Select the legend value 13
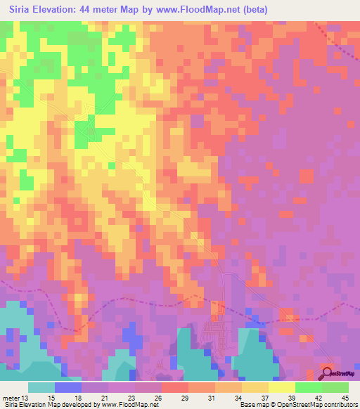click(26, 398)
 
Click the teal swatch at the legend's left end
click(41, 387)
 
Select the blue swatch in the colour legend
click(68, 387)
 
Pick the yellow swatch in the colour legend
click(281, 387)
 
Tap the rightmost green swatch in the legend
click(335, 387)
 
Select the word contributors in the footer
click(341, 405)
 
